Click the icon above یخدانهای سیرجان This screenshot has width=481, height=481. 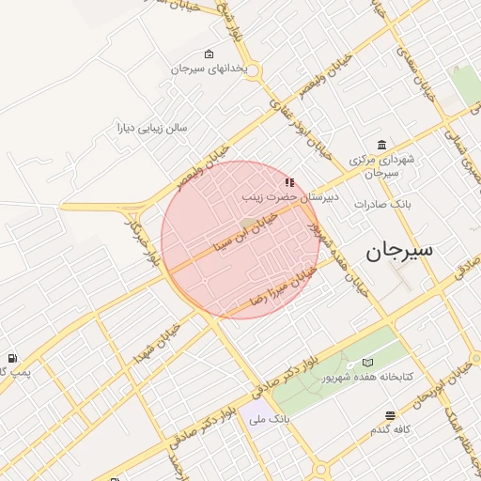click(209, 54)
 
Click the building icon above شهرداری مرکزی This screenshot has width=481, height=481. click(380, 145)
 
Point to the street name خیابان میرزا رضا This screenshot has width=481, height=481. click(280, 286)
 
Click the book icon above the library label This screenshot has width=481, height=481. click(367, 362)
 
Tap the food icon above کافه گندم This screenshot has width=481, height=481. click(390, 415)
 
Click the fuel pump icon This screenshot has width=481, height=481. click(11, 358)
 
